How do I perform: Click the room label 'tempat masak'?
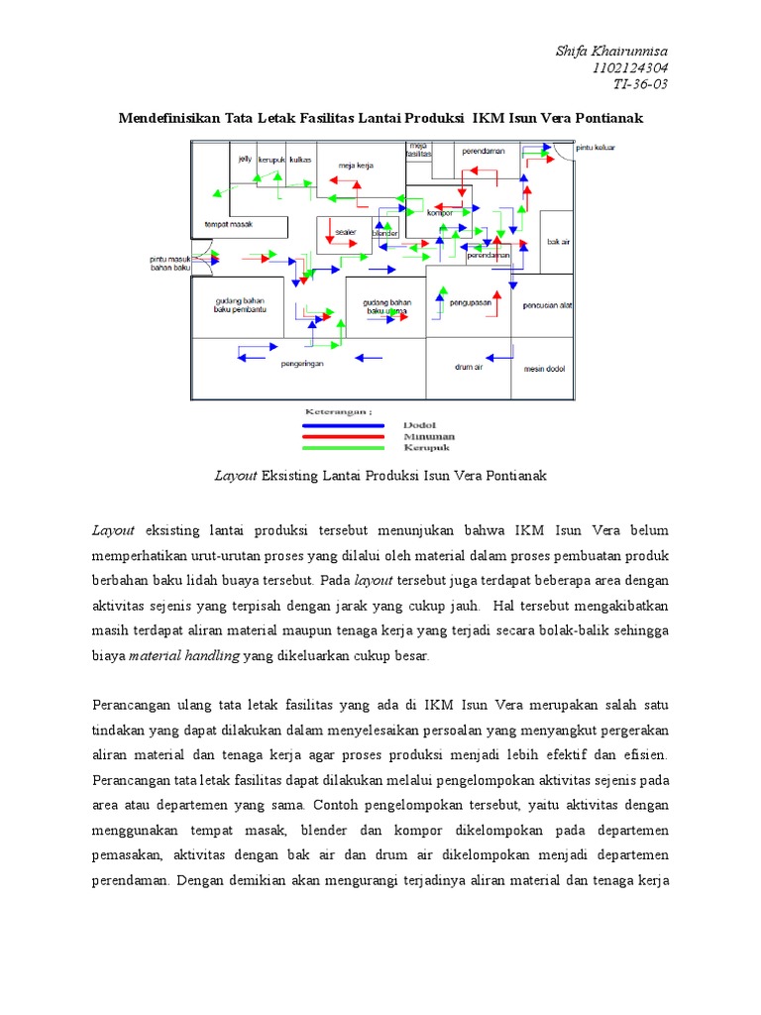pyautogui.click(x=229, y=225)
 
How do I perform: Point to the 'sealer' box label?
pyautogui.click(x=345, y=232)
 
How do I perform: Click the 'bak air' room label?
pyautogui.click(x=558, y=241)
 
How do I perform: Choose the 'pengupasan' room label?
pyautogui.click(x=471, y=303)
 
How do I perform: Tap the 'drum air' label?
pyautogui.click(x=468, y=367)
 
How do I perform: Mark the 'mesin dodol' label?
pyautogui.click(x=543, y=368)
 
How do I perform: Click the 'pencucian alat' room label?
pyautogui.click(x=546, y=304)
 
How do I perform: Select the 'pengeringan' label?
pyautogui.click(x=302, y=363)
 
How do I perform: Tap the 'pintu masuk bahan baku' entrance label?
pyautogui.click(x=163, y=263)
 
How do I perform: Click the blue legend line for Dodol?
pyautogui.click(x=341, y=425)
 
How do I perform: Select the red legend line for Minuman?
pyautogui.click(x=341, y=435)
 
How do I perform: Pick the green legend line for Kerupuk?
pyautogui.click(x=341, y=445)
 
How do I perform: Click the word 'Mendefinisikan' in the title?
pyautogui.click(x=168, y=118)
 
